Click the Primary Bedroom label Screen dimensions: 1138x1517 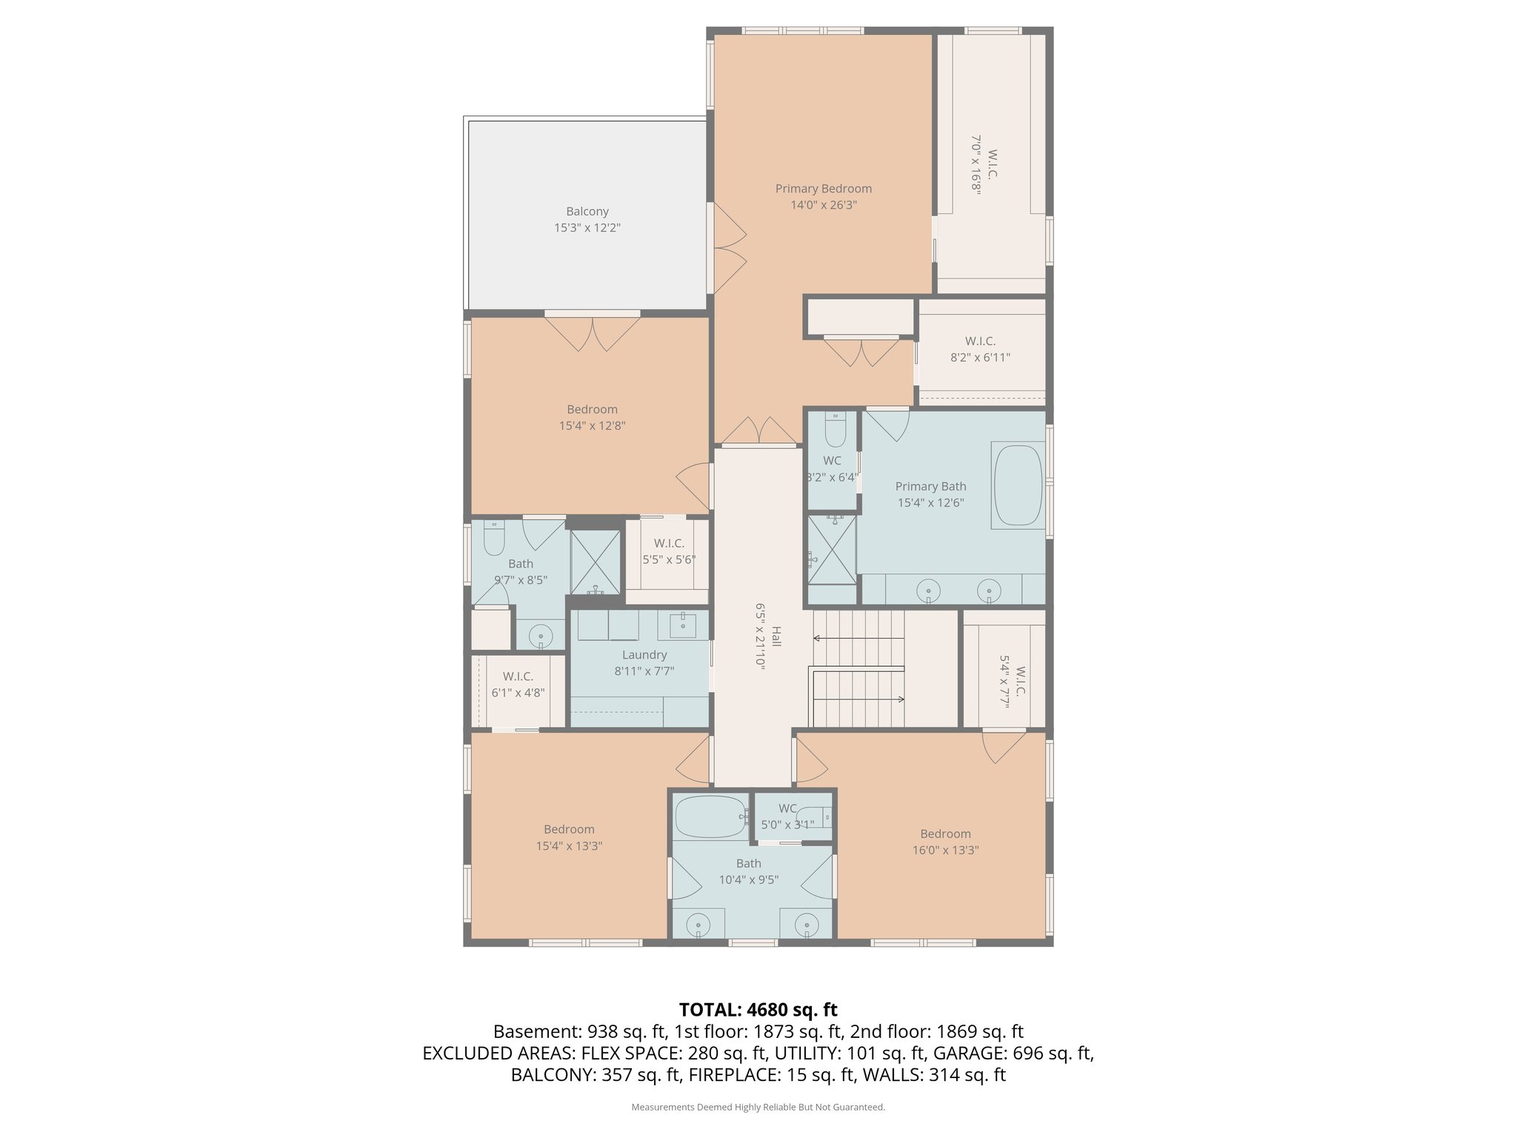823,188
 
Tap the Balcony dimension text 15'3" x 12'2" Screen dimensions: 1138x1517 587,228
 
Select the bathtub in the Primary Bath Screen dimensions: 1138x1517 1018,486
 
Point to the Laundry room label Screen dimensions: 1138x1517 644,655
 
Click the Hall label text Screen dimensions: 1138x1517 776,636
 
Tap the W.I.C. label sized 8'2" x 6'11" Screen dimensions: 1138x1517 980,342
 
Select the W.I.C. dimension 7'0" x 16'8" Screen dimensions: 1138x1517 976,164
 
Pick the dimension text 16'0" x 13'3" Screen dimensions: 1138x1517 945,851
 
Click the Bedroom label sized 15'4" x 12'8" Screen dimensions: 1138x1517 592,409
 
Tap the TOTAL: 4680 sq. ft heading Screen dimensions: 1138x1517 758,1010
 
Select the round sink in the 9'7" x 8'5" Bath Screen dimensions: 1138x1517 541,636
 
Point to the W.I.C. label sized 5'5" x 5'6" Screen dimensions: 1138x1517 669,544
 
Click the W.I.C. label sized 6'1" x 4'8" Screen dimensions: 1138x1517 518,676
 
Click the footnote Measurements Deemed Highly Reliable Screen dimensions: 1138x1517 758,1107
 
